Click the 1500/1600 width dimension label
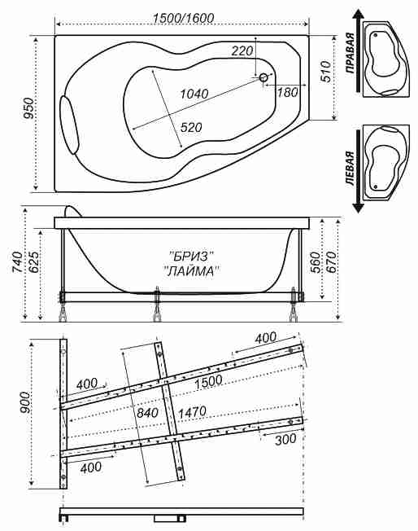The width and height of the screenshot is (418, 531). pyautogui.click(x=183, y=18)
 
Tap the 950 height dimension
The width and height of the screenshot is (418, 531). pyautogui.click(x=29, y=108)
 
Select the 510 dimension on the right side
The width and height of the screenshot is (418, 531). pyautogui.click(x=325, y=71)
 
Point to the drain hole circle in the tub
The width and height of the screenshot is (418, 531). pyautogui.click(x=263, y=78)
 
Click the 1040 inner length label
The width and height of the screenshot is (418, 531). pyautogui.click(x=194, y=94)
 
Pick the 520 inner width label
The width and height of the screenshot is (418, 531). pyautogui.click(x=191, y=127)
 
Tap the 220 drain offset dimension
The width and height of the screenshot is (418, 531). pyautogui.click(x=242, y=50)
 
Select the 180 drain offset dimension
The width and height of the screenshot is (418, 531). pyautogui.click(x=287, y=92)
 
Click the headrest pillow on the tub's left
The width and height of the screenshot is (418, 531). pyautogui.click(x=69, y=125)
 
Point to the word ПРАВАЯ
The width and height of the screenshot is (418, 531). pyautogui.click(x=351, y=53)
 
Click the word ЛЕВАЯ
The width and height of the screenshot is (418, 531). pyautogui.click(x=351, y=169)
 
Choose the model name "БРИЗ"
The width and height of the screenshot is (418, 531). pyautogui.click(x=192, y=257)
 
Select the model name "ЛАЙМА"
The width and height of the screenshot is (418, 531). pyautogui.click(x=191, y=271)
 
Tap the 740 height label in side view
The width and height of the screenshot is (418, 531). pyautogui.click(x=18, y=261)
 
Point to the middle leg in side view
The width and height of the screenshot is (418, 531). pyautogui.click(x=157, y=304)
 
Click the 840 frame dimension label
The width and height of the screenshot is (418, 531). pyautogui.click(x=147, y=412)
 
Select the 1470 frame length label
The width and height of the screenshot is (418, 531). pyautogui.click(x=192, y=412)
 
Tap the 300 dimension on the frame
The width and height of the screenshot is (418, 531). pyautogui.click(x=285, y=440)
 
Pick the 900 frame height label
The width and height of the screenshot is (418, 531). pyautogui.click(x=24, y=403)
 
